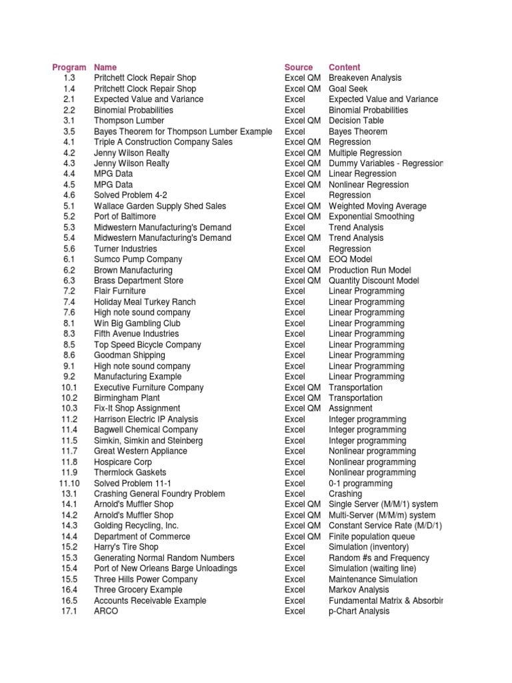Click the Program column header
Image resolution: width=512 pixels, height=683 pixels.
pyautogui.click(x=69, y=67)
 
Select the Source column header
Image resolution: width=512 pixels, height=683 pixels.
pyautogui.click(x=298, y=67)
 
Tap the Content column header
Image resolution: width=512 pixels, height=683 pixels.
pyautogui.click(x=344, y=67)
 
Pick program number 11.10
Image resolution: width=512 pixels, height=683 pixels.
pyautogui.click(x=69, y=484)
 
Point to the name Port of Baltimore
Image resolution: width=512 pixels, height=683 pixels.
pyautogui.click(x=125, y=217)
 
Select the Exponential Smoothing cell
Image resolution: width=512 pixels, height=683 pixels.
pyautogui.click(x=371, y=217)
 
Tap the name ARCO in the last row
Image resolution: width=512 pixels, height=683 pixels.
pyautogui.click(x=106, y=612)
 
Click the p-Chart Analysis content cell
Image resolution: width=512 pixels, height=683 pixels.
pyautogui.click(x=359, y=612)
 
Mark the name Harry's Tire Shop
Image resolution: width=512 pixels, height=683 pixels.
pyautogui.click(x=127, y=548)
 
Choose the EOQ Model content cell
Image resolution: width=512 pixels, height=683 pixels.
pyautogui.click(x=351, y=259)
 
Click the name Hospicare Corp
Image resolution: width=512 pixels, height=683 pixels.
pyautogui.click(x=123, y=462)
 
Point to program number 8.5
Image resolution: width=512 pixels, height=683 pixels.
pyautogui.click(x=69, y=345)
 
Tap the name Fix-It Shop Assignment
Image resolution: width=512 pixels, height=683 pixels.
pyautogui.click(x=137, y=409)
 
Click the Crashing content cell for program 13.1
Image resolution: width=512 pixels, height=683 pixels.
pyautogui.click(x=345, y=494)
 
